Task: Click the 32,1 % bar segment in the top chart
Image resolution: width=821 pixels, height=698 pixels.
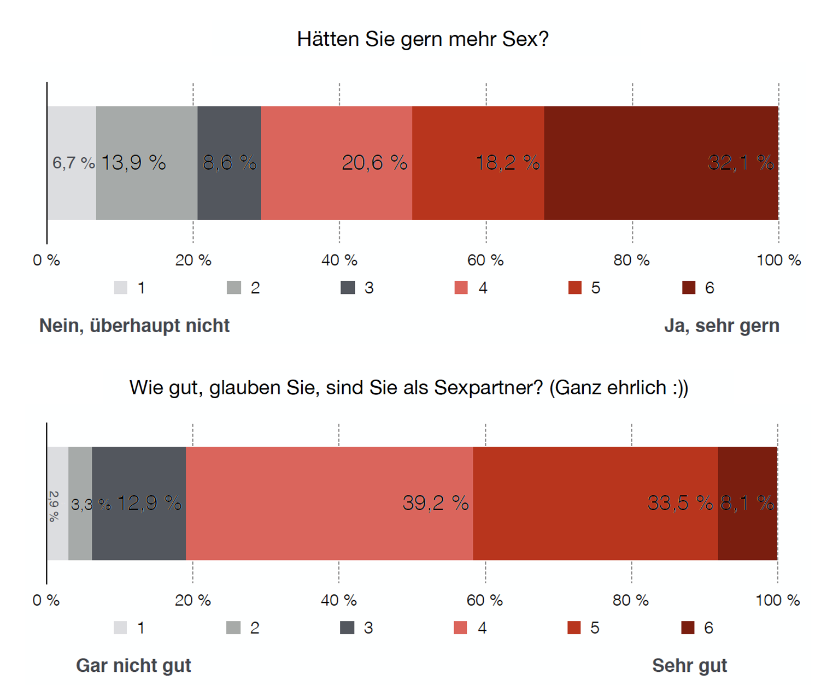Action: [661, 163]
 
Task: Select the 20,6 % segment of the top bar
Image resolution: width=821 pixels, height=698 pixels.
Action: [336, 163]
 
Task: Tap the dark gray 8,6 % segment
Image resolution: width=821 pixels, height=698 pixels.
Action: [229, 163]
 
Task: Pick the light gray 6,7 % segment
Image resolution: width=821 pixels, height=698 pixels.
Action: [72, 163]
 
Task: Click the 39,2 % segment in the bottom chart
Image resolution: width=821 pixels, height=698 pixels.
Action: [329, 503]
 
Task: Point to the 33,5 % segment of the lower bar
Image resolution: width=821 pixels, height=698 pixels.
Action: [595, 503]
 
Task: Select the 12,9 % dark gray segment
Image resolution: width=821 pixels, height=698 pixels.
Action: [139, 503]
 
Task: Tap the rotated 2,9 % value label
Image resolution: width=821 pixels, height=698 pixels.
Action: [54, 506]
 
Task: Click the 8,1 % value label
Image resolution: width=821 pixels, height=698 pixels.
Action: [747, 503]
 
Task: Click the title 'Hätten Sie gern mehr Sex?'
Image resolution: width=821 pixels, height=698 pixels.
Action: [423, 39]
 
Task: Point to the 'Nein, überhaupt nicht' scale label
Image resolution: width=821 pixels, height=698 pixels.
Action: [134, 326]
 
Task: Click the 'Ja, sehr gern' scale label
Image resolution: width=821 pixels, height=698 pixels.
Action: [722, 326]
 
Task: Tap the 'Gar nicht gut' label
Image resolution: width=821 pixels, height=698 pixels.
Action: [133, 666]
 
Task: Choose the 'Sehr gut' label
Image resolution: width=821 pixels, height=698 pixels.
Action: [689, 666]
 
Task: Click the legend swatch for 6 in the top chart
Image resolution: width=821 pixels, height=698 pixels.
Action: [689, 288]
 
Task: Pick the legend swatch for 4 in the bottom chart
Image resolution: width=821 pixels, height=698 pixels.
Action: [460, 628]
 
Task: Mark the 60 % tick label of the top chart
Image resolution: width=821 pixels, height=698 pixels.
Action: [485, 261]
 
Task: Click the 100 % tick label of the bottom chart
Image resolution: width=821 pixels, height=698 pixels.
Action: [777, 601]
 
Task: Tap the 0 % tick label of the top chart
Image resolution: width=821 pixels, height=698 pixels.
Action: [46, 261]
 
